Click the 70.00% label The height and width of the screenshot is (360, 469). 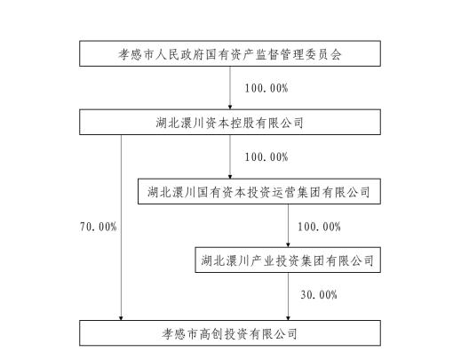pos(98,227)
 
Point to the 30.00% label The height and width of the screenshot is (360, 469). pos(319,295)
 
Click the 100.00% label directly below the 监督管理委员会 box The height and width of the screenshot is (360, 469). pos(266,88)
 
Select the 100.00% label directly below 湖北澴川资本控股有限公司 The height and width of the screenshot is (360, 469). pos(266,157)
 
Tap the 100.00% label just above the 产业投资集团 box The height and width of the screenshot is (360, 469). pos(319,227)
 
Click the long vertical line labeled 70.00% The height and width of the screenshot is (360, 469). pos(121,228)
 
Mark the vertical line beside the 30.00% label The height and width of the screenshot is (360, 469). pos(289,296)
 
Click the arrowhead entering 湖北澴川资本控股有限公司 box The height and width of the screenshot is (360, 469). pos(230,108)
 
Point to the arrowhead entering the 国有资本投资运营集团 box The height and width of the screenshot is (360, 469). pos(230,177)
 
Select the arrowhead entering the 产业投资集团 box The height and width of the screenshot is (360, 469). pos(289,244)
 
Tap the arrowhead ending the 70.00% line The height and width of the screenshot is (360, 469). pos(121,318)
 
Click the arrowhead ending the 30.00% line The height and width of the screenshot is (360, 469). pos(289,318)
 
